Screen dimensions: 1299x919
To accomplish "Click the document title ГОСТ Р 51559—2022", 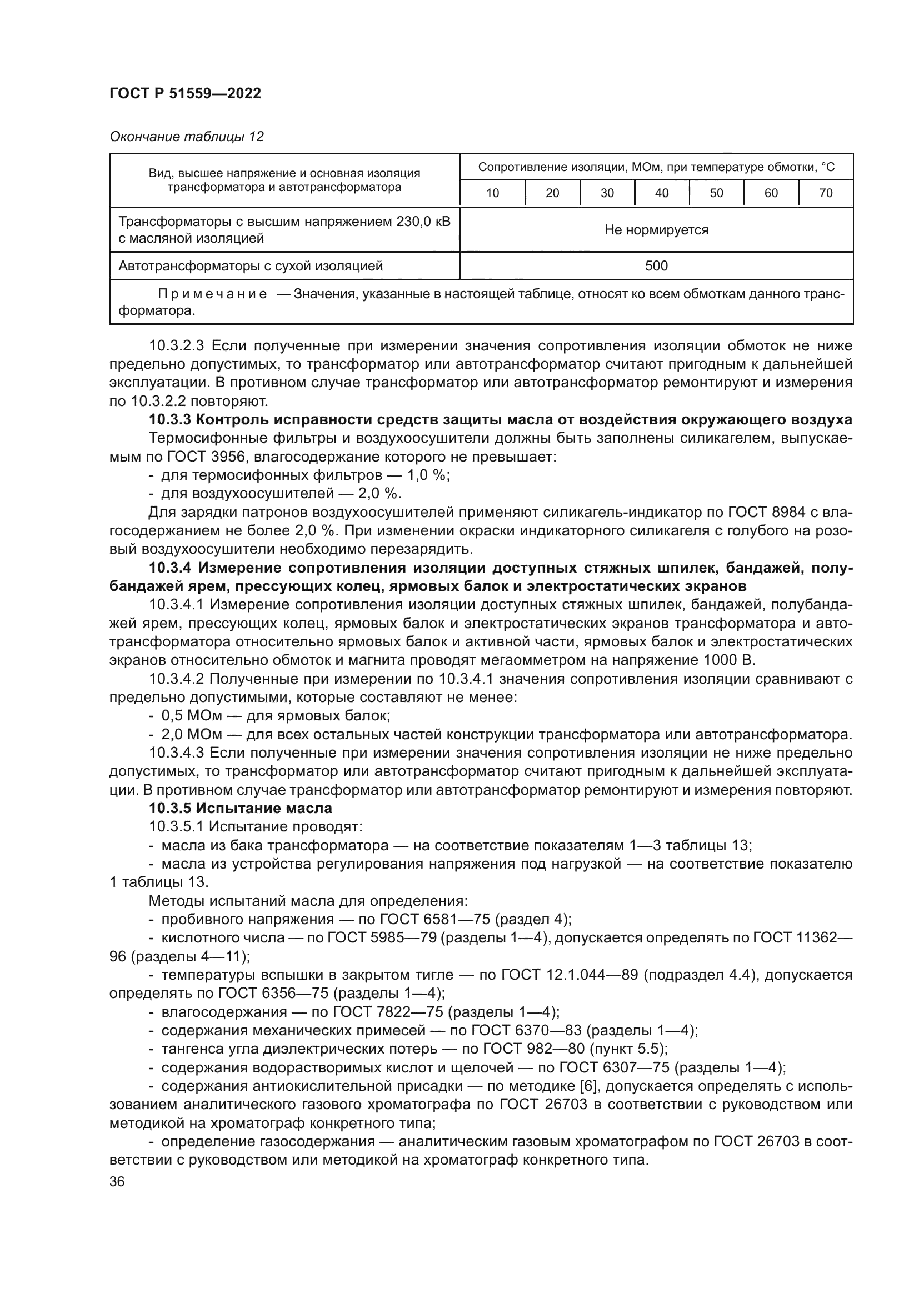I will coord(185,94).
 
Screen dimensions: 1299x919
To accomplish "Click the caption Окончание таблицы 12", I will coord(187,137).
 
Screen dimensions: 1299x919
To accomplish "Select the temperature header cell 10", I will coord(492,193).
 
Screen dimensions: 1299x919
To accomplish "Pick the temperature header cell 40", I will coord(662,193).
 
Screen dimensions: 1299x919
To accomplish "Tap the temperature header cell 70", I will coord(826,193).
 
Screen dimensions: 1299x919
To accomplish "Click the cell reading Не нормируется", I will coord(656,230).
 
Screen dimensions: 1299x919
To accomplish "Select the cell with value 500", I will coord(656,266).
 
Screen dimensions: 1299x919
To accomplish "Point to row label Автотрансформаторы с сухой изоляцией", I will coord(250,266).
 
